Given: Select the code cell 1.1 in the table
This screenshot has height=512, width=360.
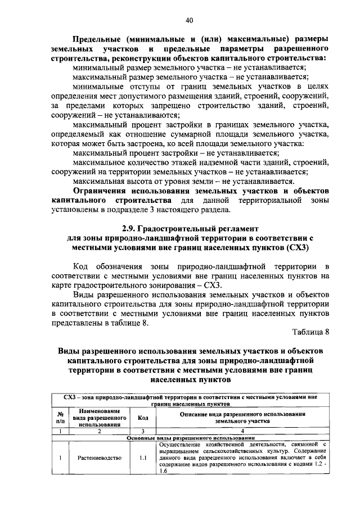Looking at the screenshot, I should coord(143,457).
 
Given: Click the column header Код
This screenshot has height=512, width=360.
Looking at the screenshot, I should coord(143,418).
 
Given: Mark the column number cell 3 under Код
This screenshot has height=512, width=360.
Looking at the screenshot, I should coord(143,431).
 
